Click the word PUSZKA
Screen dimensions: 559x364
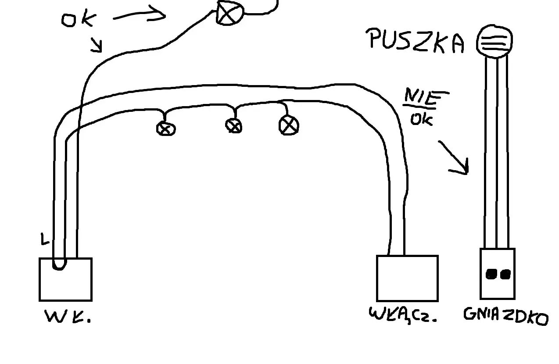pos(415,41)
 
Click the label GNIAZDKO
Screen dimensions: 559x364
pos(506,316)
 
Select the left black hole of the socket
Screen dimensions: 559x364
pos(491,275)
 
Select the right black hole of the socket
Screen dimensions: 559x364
pos(505,275)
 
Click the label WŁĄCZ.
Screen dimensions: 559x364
pos(403,315)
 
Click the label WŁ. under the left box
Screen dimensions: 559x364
pos(68,316)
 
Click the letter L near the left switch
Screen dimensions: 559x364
pos(44,239)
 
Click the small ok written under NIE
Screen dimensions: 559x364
pos(422,120)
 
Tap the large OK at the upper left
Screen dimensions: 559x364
pos(79,18)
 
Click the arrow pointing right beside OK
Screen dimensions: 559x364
pos(139,14)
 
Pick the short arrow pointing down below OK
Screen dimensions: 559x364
pos(97,45)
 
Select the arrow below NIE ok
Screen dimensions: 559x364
pos(454,157)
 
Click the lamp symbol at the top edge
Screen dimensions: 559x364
pos(230,12)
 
